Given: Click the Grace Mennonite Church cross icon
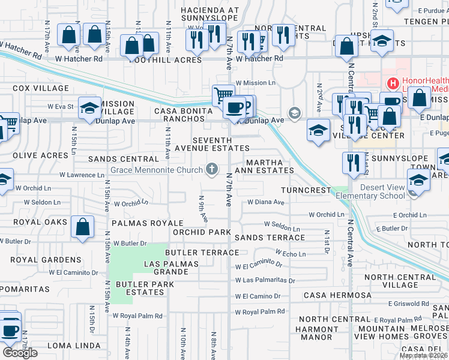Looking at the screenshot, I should point(211,170).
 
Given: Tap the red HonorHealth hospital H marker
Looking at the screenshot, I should point(393,83).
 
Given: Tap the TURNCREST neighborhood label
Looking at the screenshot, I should point(306,190).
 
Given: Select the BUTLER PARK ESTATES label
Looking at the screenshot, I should point(140,287).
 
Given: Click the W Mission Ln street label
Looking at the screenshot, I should point(255,83).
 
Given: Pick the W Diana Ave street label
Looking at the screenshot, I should point(265,202).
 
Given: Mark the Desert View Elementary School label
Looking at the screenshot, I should point(370,191).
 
